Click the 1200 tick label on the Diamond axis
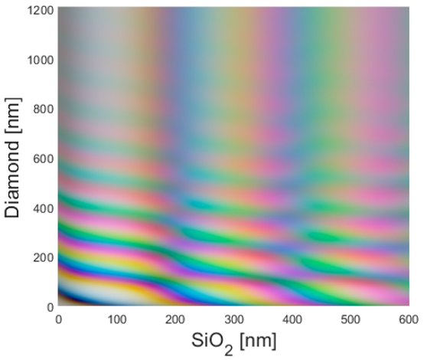pos(41,11)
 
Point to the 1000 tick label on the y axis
pos(41,60)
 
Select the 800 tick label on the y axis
pos(44,110)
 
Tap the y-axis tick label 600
pos(44,159)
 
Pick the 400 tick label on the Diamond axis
pos(44,208)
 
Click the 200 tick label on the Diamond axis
pos(44,257)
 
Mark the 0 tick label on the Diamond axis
pos(51,307)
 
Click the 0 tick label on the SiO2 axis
pos(58,319)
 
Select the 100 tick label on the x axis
pos(117,319)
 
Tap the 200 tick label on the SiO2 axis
pos(175,319)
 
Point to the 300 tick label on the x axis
pos(234,319)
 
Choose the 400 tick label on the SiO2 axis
pos(292,319)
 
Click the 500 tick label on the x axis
pos(350,319)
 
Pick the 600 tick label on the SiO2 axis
pos(409,319)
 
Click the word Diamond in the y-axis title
pos(12,179)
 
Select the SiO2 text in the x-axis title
pos(213,343)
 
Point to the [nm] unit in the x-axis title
pos(258,341)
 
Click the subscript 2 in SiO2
pos(229,351)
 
